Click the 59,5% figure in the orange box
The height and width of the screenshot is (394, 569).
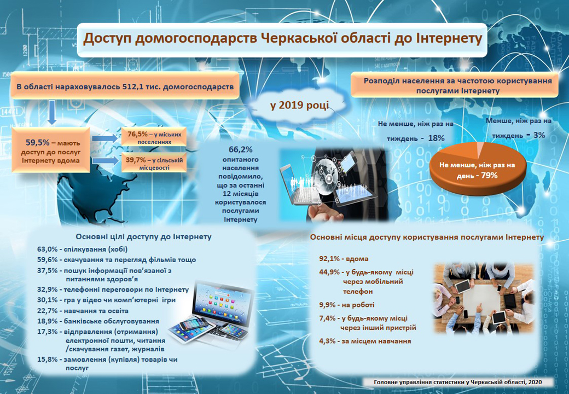click(x=37, y=143)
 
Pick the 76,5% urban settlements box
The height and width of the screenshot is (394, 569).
click(x=154, y=137)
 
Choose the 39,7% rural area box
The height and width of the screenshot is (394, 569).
click(x=154, y=163)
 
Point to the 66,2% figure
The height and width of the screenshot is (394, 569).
click(x=240, y=149)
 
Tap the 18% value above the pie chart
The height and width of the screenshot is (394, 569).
click(x=436, y=138)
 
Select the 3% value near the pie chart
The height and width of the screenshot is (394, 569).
click(x=539, y=135)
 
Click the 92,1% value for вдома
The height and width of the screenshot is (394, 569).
click(x=329, y=259)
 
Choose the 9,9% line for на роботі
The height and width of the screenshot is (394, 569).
click(x=346, y=305)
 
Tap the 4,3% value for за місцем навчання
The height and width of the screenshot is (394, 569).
click(x=327, y=341)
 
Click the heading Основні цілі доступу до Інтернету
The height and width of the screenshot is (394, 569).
click(x=143, y=237)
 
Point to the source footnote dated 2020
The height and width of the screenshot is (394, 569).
click(x=458, y=382)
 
